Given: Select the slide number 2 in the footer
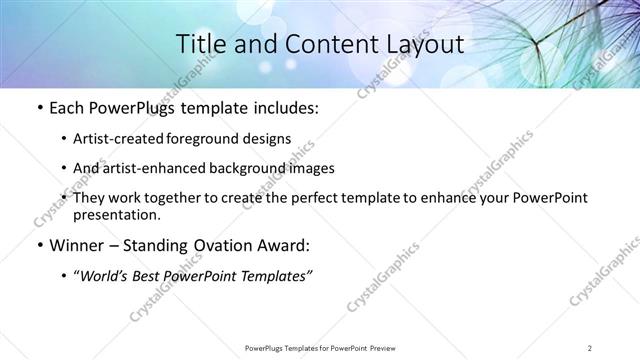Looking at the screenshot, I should [x=590, y=347].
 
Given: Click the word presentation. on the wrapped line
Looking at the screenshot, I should [x=117, y=214].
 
